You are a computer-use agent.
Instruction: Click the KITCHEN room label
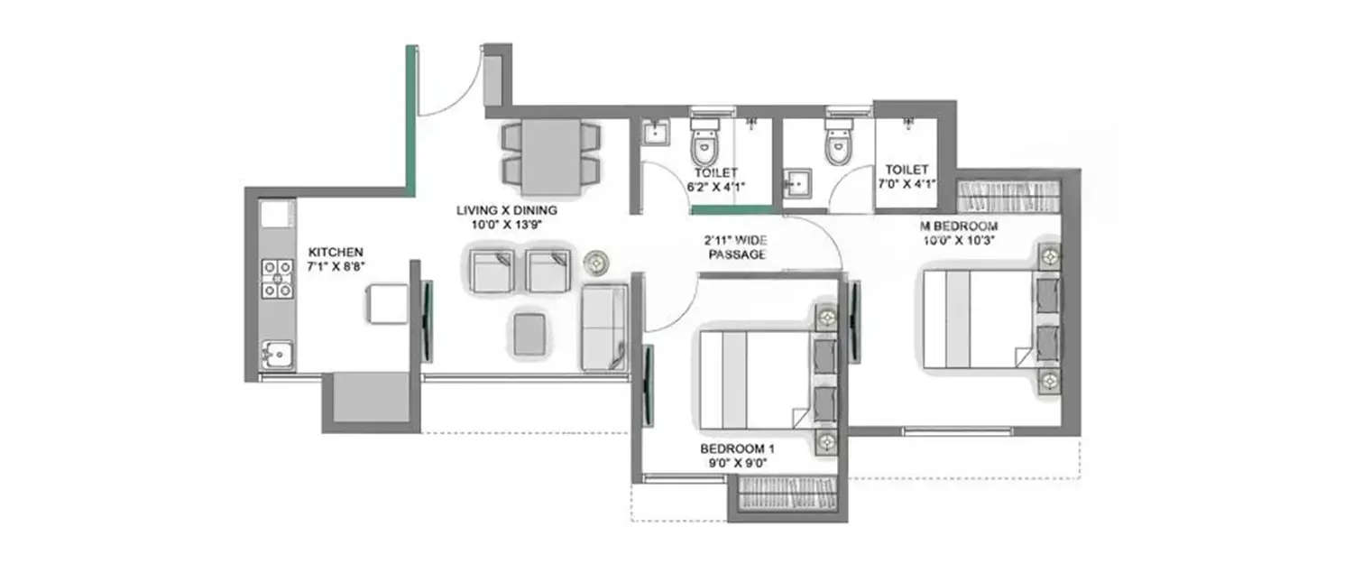[x=336, y=252]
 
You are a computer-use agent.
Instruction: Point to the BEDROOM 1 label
[x=737, y=448]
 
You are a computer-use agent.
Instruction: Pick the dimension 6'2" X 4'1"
[x=718, y=186]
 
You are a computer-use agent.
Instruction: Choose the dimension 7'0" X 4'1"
[x=907, y=183]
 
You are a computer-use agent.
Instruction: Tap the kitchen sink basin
[x=278, y=355]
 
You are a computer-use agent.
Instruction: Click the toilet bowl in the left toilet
[x=704, y=144]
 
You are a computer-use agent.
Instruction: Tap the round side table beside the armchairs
[x=595, y=262]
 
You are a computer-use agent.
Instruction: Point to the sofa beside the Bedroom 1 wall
[x=604, y=327]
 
